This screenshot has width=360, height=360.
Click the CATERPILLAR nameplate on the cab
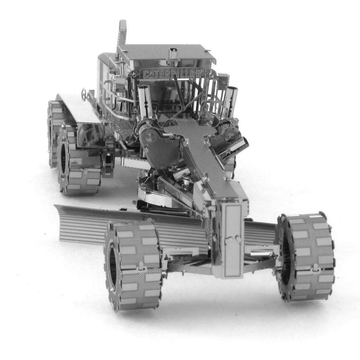(x=173, y=73)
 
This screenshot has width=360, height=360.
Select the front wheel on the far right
(x=306, y=256)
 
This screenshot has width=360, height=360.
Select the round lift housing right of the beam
(x=229, y=137)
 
